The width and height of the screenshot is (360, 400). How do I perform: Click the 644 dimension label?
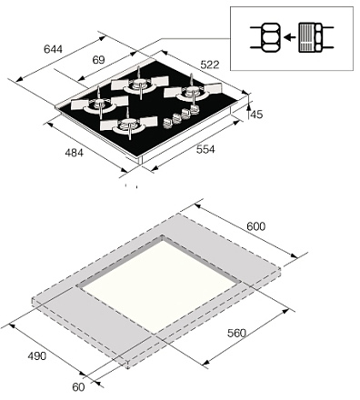tap(53, 49)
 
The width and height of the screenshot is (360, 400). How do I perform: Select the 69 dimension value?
tap(98, 60)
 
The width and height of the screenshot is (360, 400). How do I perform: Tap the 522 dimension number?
tap(210, 65)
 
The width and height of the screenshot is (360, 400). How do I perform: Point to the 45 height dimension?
tap(256, 115)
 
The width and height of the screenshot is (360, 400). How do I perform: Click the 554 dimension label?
tap(205, 149)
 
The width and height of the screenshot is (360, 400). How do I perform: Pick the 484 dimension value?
tap(74, 153)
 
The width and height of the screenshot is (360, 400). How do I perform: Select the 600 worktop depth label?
tap(255, 226)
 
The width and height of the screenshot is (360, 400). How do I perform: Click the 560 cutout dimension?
tap(236, 333)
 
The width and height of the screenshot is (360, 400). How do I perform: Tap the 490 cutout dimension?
tap(37, 355)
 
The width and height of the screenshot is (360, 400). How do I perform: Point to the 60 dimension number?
tap(78, 387)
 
